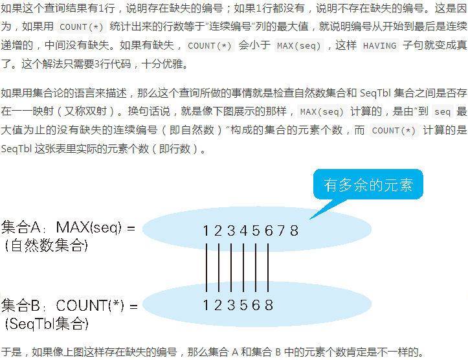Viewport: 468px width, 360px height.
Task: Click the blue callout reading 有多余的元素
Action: click(x=368, y=185)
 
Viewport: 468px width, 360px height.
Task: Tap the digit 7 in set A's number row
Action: click(x=282, y=231)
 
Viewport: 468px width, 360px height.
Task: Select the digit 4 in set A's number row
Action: click(x=244, y=231)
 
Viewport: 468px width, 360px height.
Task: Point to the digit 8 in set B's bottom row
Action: click(x=269, y=305)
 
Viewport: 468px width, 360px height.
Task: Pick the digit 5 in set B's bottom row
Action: click(x=244, y=305)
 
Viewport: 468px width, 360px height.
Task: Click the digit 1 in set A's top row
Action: click(x=206, y=231)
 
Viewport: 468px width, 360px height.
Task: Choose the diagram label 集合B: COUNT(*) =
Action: click(x=70, y=306)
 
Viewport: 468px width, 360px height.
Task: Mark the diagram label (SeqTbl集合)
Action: click(x=45, y=323)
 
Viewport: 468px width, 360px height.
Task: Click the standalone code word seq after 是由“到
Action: click(x=442, y=111)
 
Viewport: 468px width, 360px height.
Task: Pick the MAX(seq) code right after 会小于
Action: click(x=296, y=46)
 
